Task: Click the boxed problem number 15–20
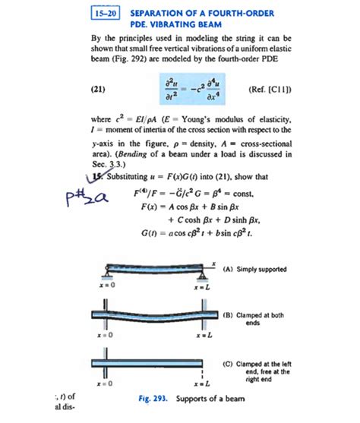click(103, 14)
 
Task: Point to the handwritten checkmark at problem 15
click(94, 177)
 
